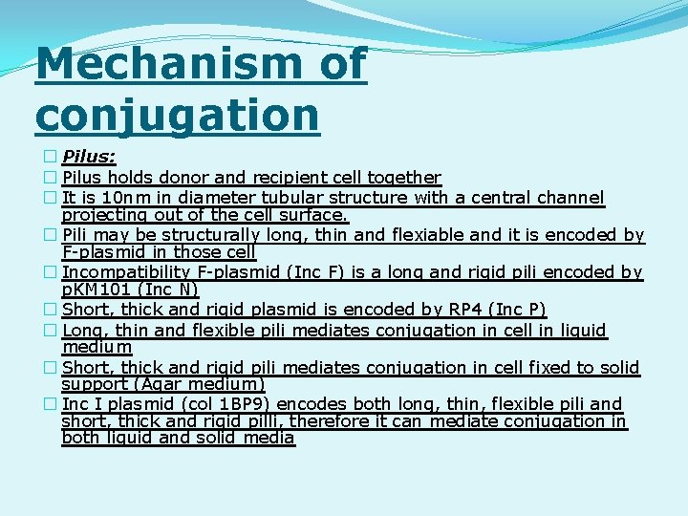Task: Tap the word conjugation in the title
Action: pyautogui.click(x=177, y=114)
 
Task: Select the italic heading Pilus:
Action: pyautogui.click(x=89, y=158)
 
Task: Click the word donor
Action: pyautogui.click(x=218, y=178)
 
